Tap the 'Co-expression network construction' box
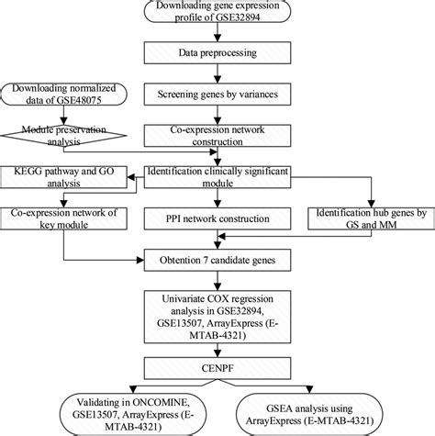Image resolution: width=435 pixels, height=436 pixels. (217, 136)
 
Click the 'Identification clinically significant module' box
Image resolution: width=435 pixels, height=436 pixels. (217, 175)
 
